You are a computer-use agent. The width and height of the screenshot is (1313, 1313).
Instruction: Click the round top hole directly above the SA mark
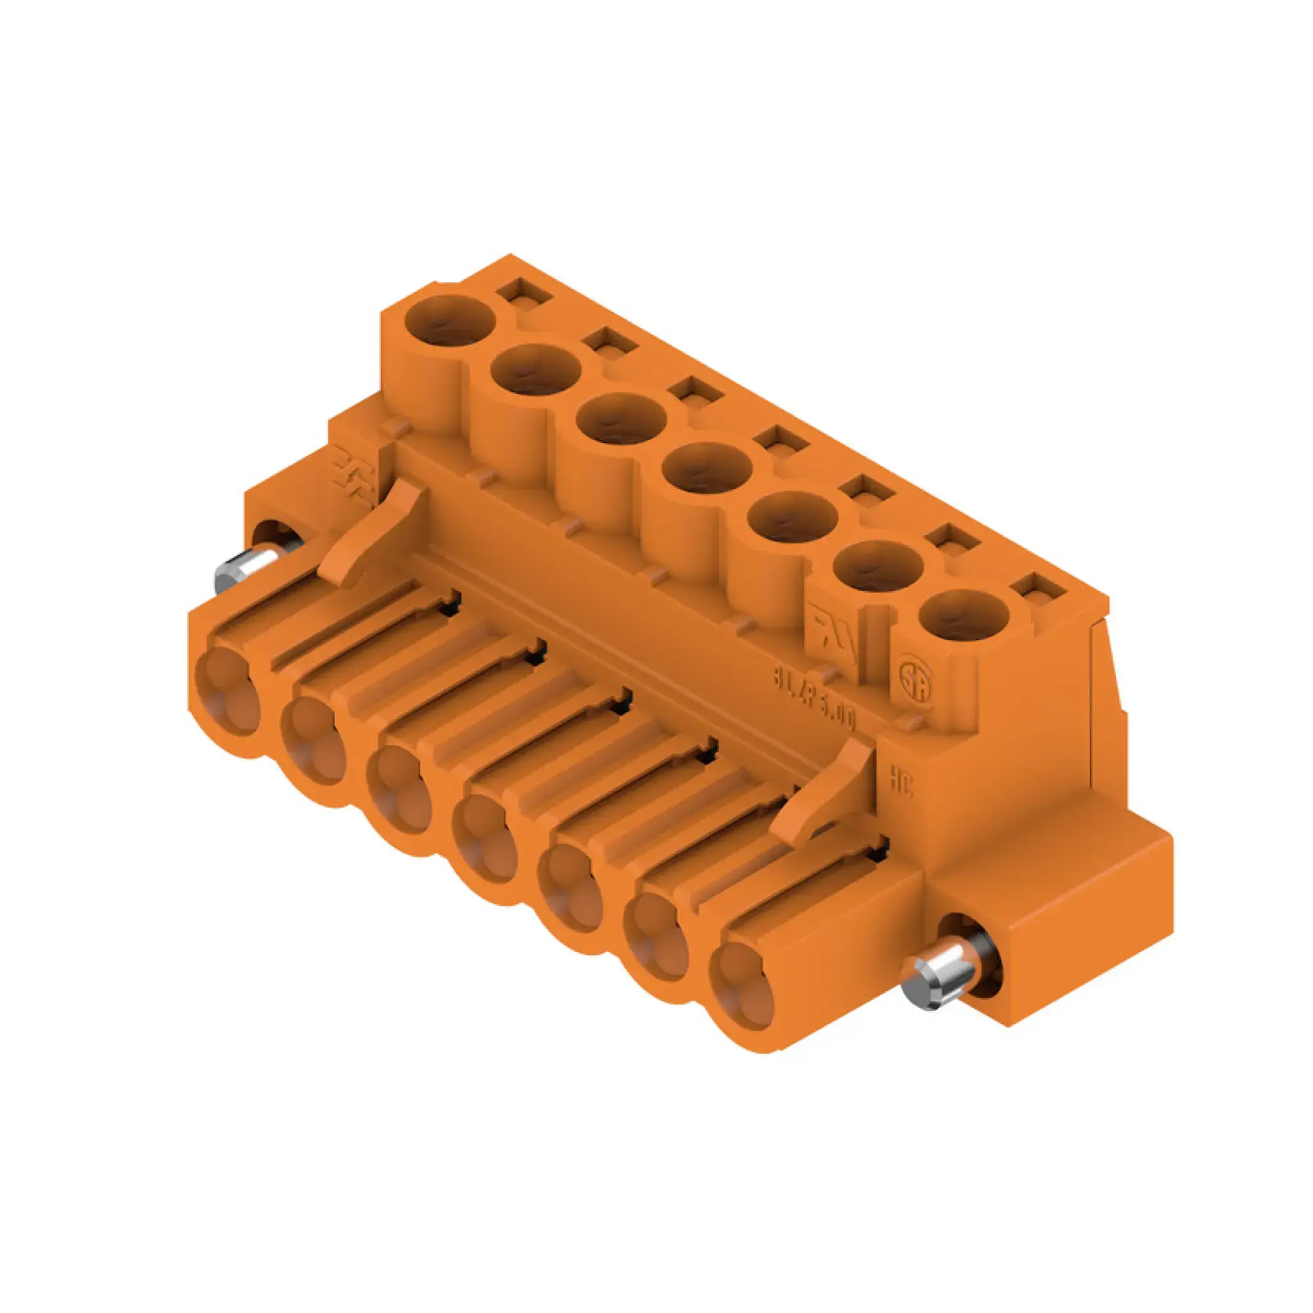coord(963,617)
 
